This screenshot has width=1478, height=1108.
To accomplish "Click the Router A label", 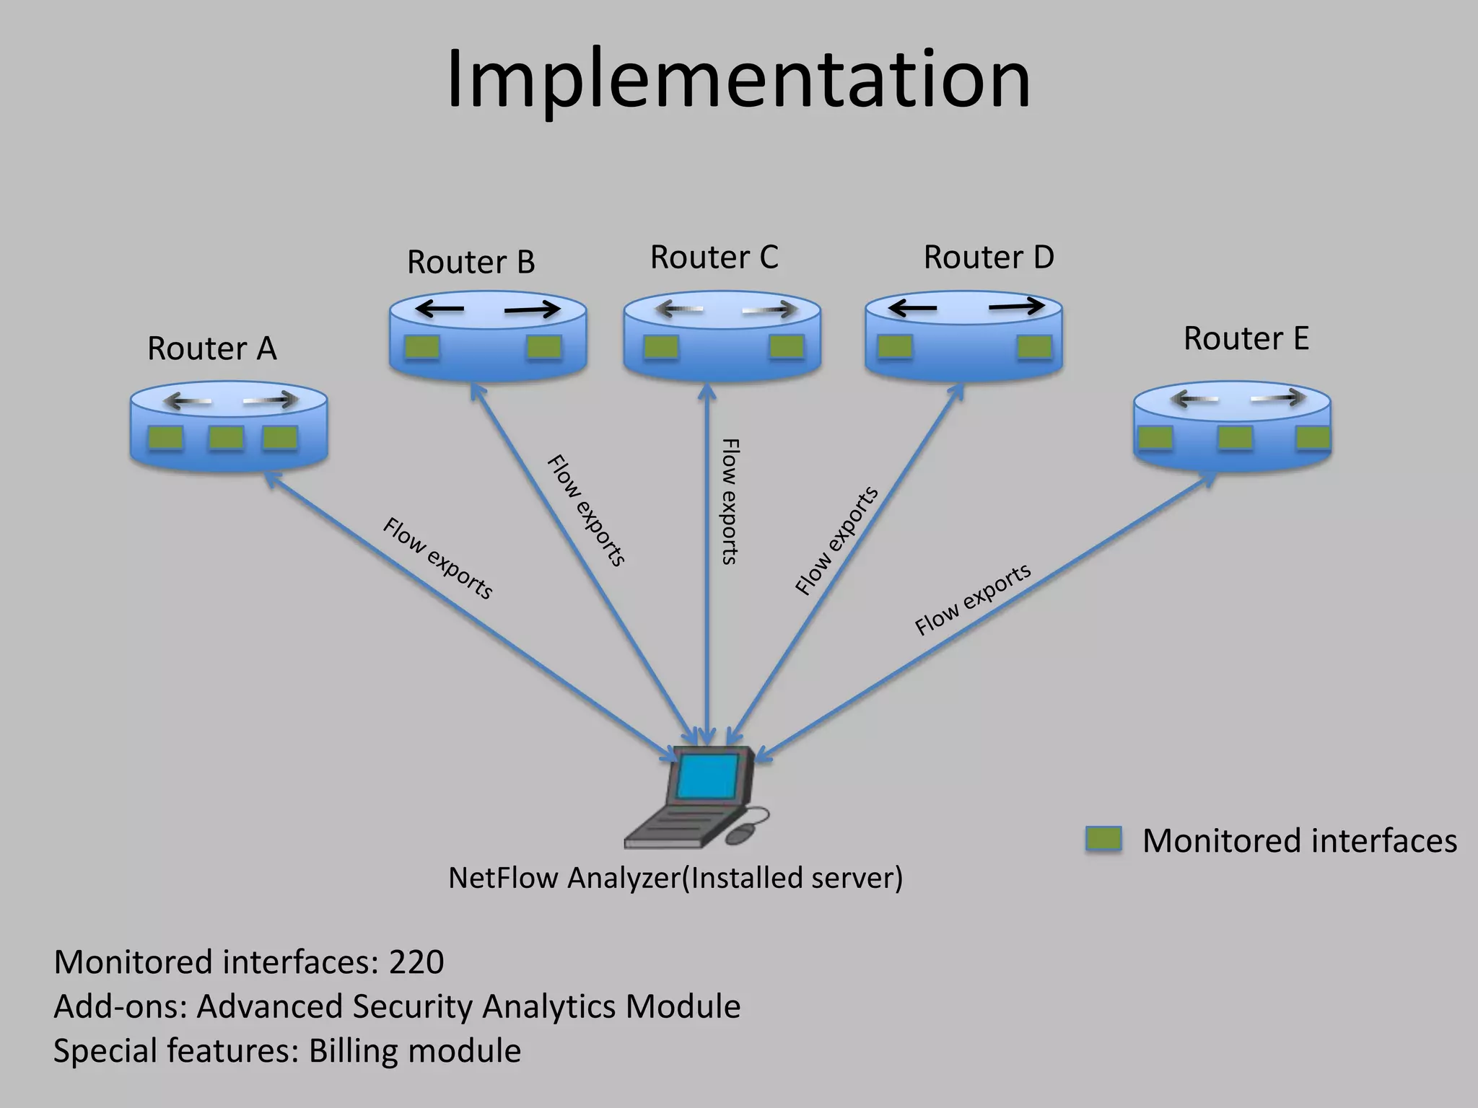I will coord(211,349).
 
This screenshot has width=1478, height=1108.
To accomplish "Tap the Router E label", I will coord(1246,339).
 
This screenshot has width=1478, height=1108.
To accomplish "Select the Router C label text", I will coord(714,258).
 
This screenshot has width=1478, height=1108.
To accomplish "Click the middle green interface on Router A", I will coord(225,438).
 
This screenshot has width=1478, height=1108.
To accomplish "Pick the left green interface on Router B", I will coord(421,348).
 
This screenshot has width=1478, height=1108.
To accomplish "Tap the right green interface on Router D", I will coord(1034,348).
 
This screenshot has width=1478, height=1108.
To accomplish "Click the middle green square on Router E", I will coord(1235,438).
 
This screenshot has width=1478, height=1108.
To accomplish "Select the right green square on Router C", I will coord(787,347).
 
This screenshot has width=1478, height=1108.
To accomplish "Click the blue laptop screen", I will coord(707,777).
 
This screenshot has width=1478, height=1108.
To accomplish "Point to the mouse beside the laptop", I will coord(743,834).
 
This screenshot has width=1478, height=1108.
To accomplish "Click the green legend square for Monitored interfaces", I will coord(1103,840).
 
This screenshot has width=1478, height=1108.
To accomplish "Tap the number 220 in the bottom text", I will coord(416,963).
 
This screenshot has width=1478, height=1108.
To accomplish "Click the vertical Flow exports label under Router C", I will coord(730,501).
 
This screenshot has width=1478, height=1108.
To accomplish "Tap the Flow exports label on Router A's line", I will coord(437,558).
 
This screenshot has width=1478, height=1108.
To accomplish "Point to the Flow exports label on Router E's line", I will coord(973,599).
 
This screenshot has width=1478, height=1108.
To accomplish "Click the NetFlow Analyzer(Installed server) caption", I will coord(675,879).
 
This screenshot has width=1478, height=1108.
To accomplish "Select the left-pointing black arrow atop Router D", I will coord(912,309).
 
